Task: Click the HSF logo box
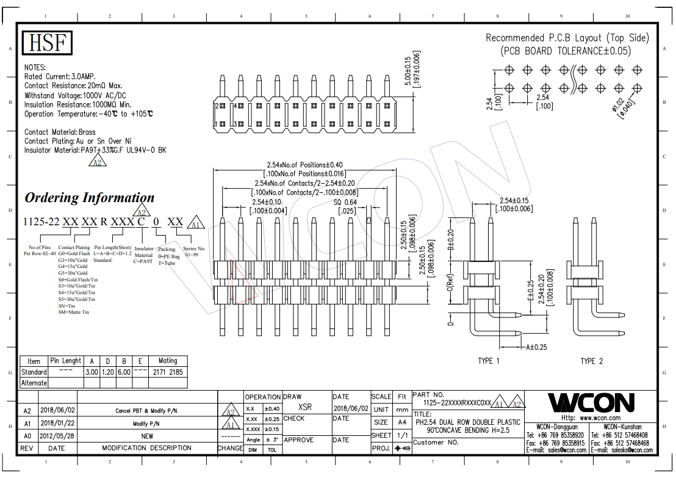coord(48,43)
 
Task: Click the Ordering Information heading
coord(89,198)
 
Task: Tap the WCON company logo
coord(591,402)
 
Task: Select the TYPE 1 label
coord(489,361)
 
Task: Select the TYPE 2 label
coord(591,361)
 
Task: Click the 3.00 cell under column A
coord(92,372)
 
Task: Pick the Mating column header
coord(168,361)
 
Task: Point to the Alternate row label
coord(34,383)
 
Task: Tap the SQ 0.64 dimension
coord(345,202)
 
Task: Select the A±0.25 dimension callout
coord(536,347)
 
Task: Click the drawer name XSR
coord(305,407)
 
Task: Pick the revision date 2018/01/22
coord(57,423)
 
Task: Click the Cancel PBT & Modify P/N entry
coord(147,411)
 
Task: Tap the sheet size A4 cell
coord(402,422)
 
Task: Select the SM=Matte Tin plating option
coord(74,312)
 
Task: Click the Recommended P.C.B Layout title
coord(567,38)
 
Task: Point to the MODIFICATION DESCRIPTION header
coord(147,448)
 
